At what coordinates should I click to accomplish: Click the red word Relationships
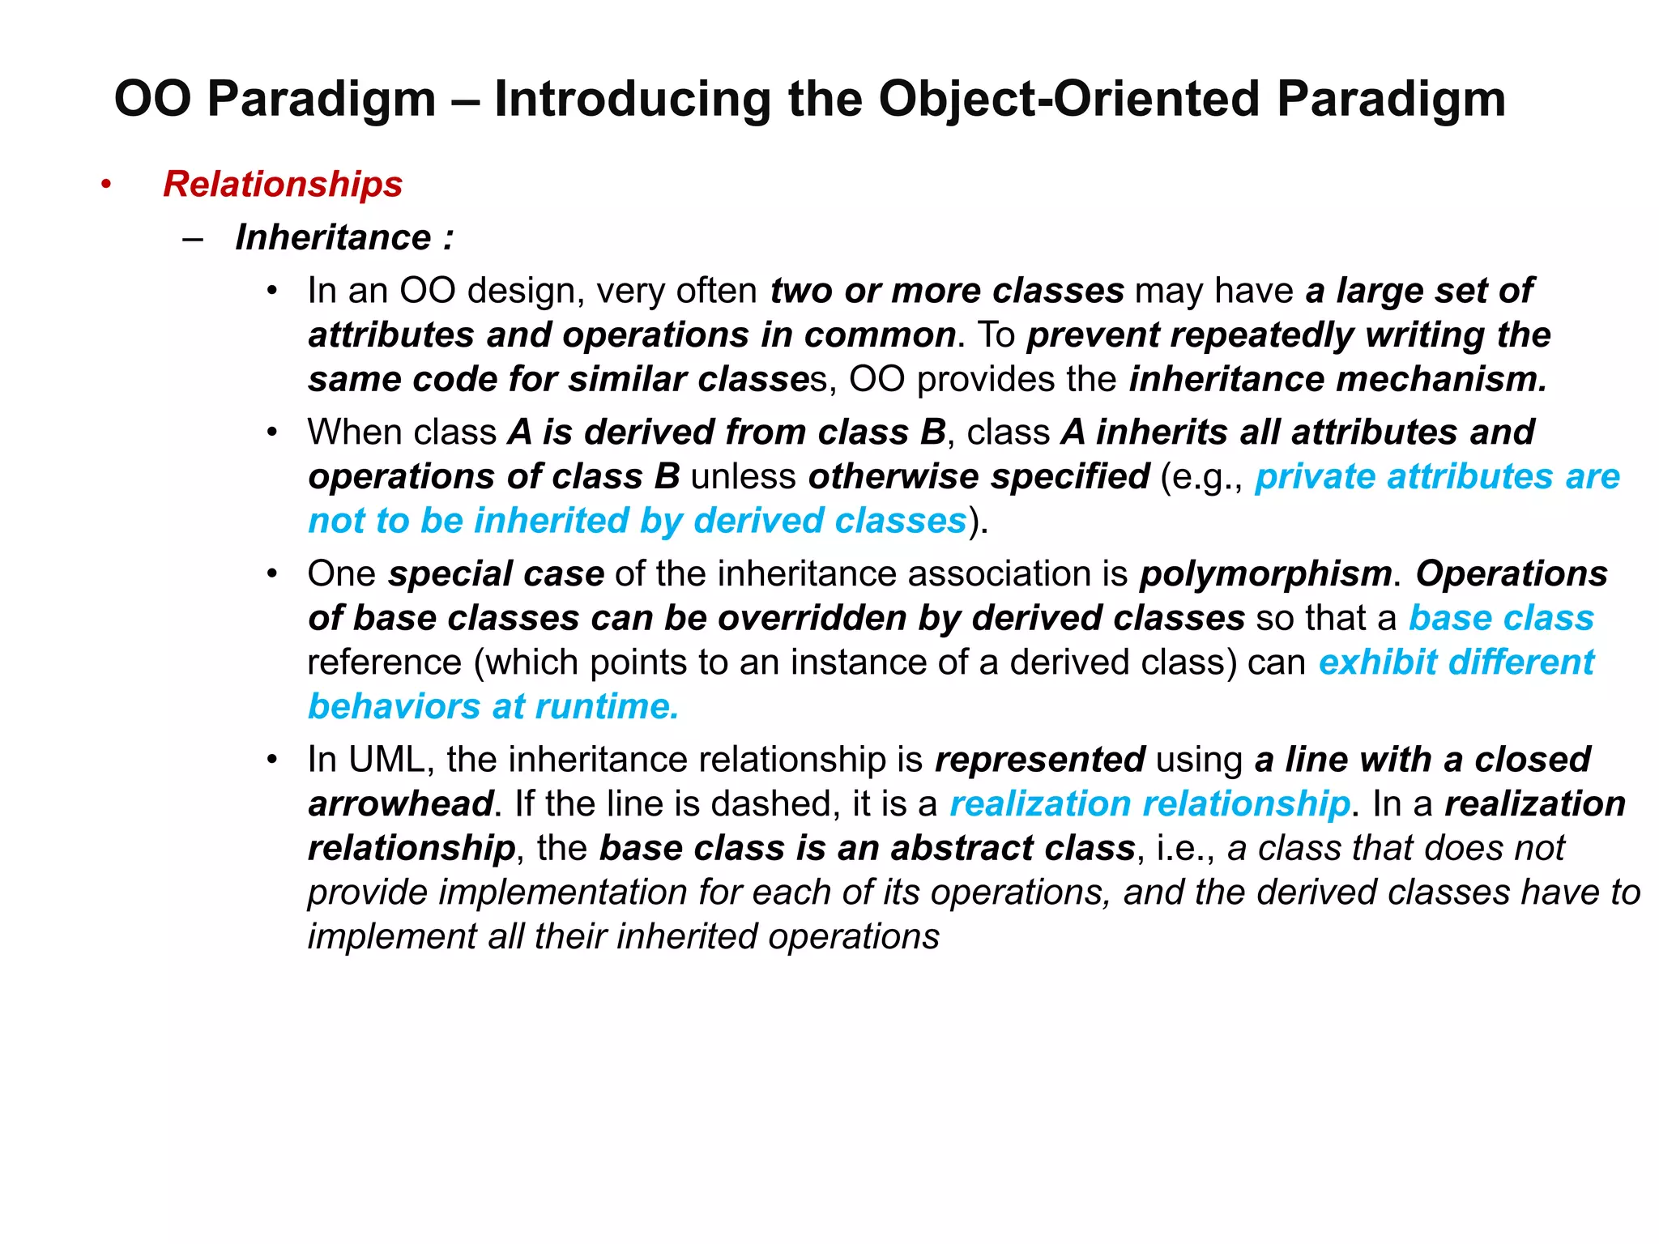click(283, 185)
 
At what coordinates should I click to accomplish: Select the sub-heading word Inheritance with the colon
click(343, 238)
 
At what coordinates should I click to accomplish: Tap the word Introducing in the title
click(632, 100)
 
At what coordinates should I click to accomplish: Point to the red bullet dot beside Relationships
click(106, 185)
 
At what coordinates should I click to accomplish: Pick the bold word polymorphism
click(1265, 574)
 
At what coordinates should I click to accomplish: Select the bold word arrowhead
click(400, 804)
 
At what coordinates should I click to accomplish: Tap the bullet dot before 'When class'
click(273, 432)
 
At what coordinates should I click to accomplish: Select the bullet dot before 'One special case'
click(273, 574)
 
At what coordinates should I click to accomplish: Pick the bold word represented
click(1039, 760)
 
